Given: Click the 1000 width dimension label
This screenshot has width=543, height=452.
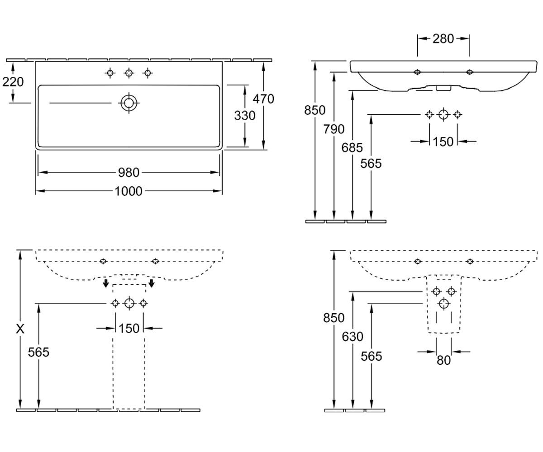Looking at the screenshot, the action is [129, 192].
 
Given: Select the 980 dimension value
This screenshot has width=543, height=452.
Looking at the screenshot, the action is [129, 173].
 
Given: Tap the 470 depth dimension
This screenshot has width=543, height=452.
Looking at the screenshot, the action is [263, 99].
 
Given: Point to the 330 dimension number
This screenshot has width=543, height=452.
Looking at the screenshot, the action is [245, 116].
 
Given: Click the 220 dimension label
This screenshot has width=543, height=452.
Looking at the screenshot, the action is [13, 82].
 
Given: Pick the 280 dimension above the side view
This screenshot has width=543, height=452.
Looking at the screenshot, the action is [443, 39].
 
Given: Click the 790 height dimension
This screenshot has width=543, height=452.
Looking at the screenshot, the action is [334, 129].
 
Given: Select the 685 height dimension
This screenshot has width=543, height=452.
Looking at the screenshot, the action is [352, 148].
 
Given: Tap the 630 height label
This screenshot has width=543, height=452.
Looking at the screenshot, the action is [352, 337].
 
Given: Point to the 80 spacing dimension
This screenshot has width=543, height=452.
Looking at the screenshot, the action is [443, 360].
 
